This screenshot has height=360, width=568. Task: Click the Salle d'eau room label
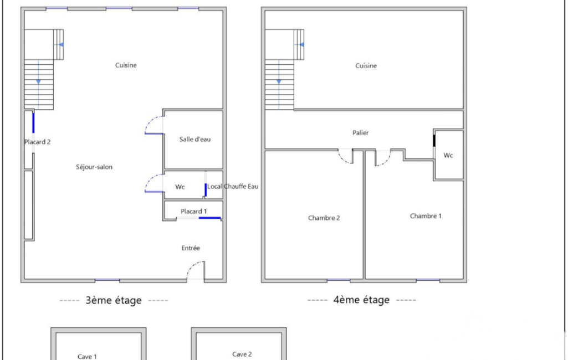pyautogui.click(x=195, y=139)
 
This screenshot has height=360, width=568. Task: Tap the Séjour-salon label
pyautogui.click(x=94, y=167)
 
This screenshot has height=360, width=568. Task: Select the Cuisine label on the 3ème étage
pyautogui.click(x=126, y=65)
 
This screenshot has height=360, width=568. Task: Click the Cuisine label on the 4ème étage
pyautogui.click(x=366, y=65)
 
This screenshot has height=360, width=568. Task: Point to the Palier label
pyautogui.click(x=360, y=132)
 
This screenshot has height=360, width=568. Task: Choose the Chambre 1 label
pyautogui.click(x=426, y=216)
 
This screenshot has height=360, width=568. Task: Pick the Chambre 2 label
pyautogui.click(x=324, y=218)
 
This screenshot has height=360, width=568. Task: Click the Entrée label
pyautogui.click(x=191, y=248)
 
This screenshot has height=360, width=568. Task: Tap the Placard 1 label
pyautogui.click(x=194, y=211)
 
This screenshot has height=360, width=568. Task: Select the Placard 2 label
pyautogui.click(x=37, y=142)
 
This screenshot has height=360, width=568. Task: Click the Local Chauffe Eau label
pyautogui.click(x=233, y=186)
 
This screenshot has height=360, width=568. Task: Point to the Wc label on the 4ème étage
pyautogui.click(x=448, y=156)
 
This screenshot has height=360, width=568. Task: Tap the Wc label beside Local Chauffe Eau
pyautogui.click(x=180, y=187)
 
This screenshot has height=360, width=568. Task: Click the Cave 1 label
pyautogui.click(x=87, y=357)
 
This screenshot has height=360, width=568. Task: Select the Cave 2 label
pyautogui.click(x=242, y=354)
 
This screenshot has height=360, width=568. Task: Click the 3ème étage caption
pyautogui.click(x=114, y=300)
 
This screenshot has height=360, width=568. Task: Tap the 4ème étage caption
pyautogui.click(x=361, y=300)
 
